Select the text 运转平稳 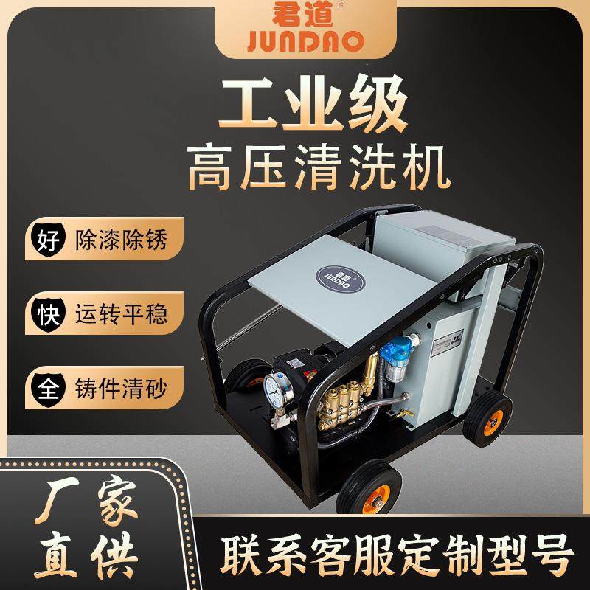click(121, 313)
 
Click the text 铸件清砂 click(121, 387)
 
